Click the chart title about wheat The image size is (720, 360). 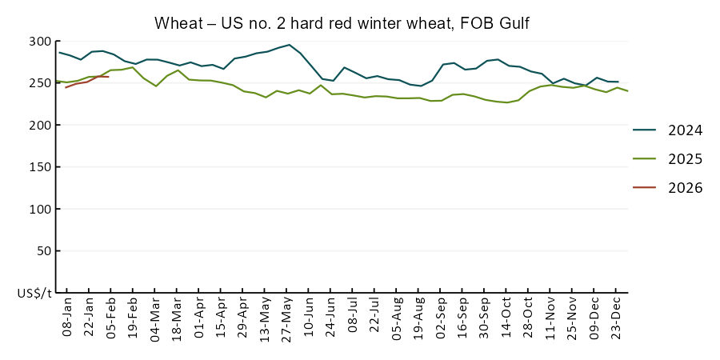[x=342, y=23]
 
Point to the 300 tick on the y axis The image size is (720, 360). [x=40, y=42]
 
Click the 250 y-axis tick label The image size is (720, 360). [x=40, y=83]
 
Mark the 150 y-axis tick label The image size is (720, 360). [x=40, y=167]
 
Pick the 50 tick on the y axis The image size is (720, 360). [x=43, y=250]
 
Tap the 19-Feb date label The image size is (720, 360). [x=134, y=320]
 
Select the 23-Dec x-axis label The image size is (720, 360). [x=617, y=320]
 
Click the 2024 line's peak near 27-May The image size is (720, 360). [x=289, y=45]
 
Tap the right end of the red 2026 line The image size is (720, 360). [x=108, y=77]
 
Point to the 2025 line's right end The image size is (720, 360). [x=627, y=91]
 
